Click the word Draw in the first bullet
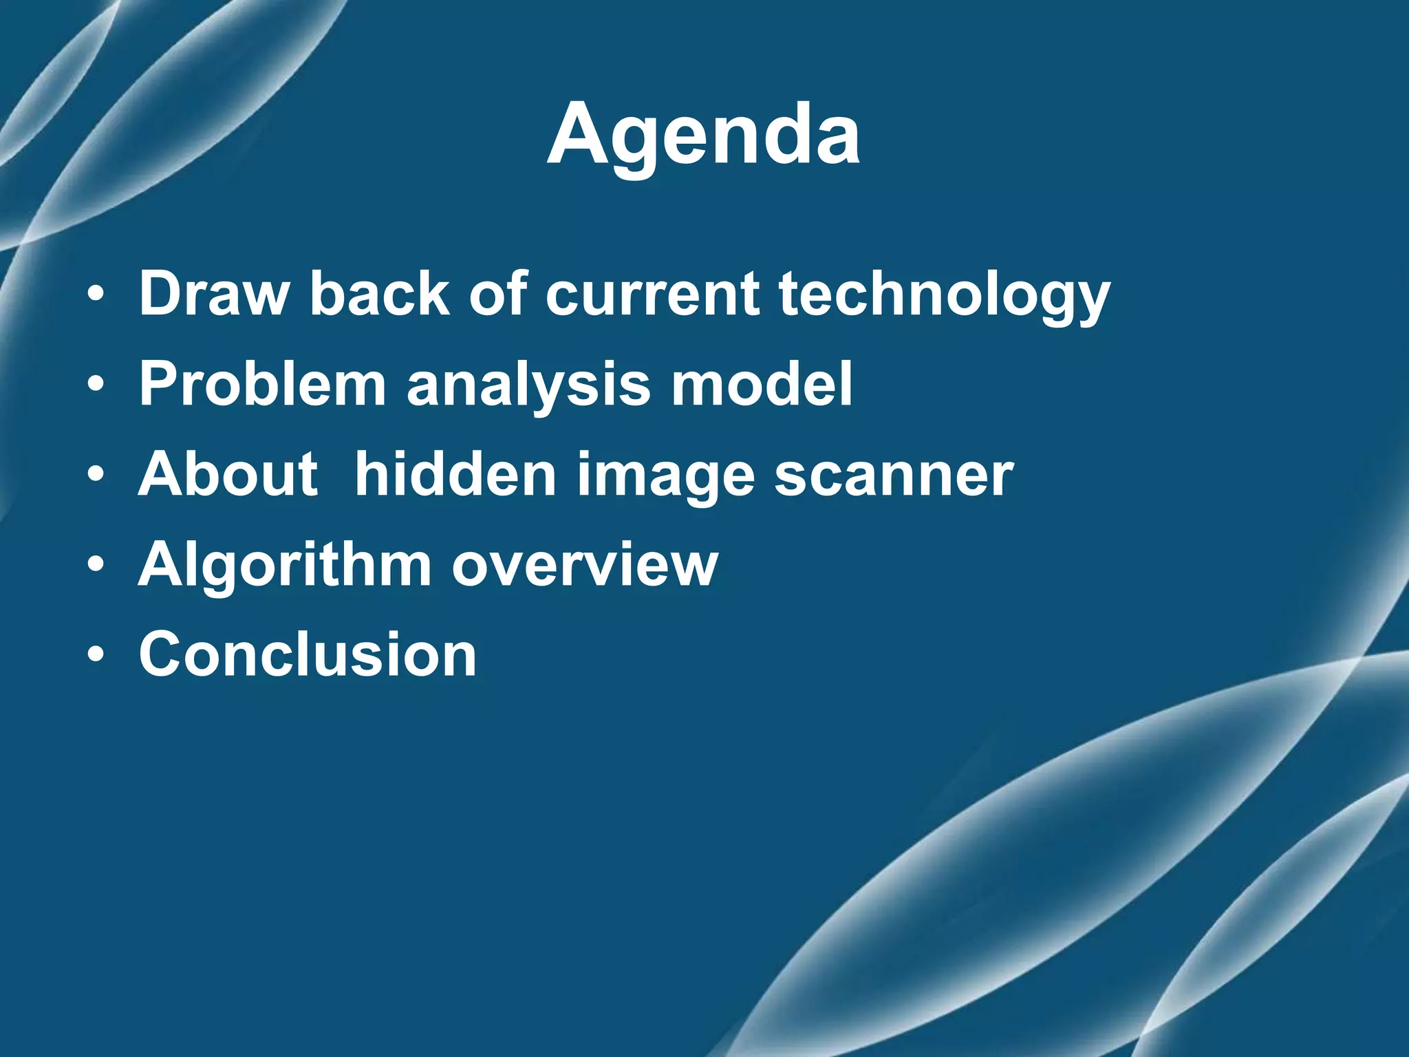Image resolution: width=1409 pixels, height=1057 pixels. [213, 294]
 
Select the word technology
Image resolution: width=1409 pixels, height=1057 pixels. [944, 296]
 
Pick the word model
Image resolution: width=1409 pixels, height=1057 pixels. [762, 384]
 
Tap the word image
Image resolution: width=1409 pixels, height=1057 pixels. [665, 477]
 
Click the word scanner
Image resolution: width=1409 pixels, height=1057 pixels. [894, 476]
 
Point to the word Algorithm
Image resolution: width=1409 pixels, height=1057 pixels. [284, 566]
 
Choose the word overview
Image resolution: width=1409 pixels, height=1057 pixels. [585, 566]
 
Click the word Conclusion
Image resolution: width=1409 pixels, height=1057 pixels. [308, 654]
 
